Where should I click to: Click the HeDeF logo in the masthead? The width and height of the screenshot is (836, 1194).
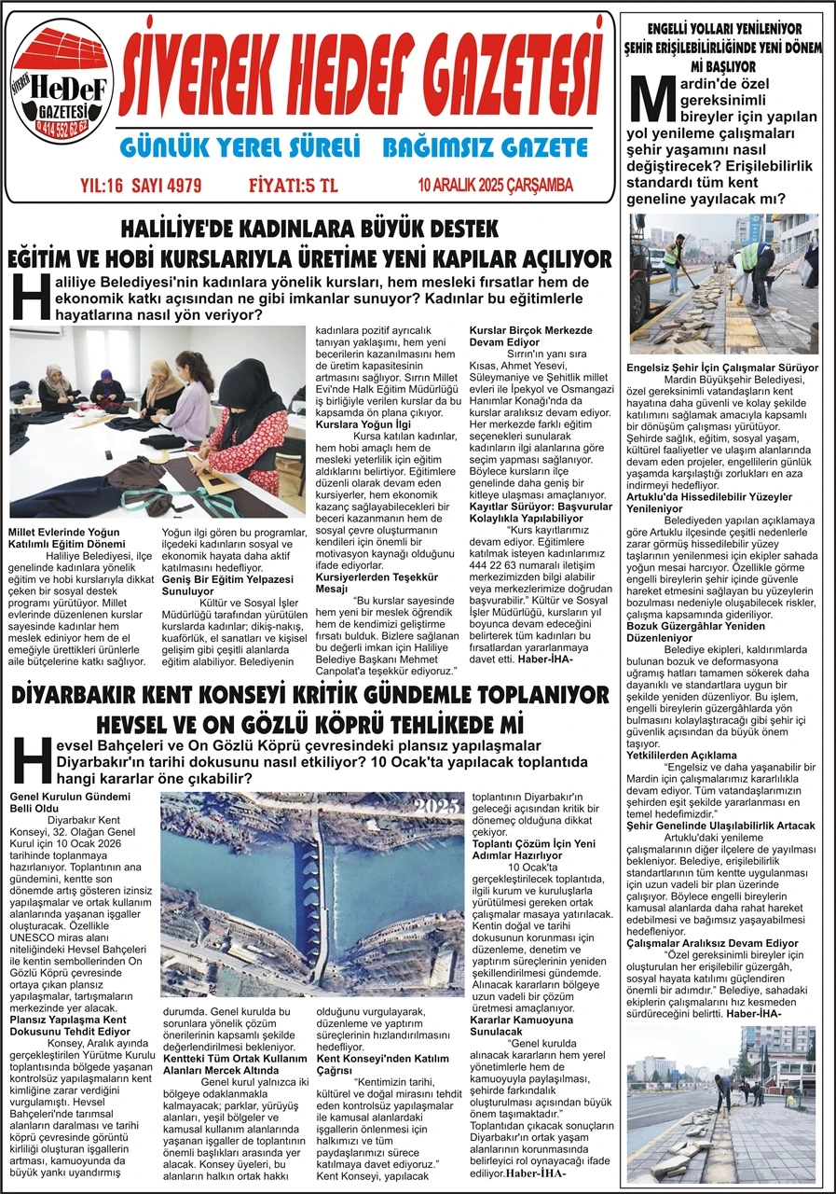point(62,86)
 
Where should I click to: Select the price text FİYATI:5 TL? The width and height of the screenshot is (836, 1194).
point(293,185)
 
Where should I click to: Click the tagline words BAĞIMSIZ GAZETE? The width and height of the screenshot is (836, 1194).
point(486,147)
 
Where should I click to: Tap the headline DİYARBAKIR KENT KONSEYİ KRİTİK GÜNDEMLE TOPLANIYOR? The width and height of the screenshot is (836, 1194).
point(309,695)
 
